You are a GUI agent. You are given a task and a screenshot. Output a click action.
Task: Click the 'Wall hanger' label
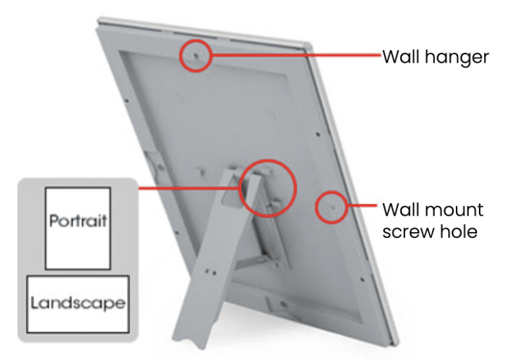click(436, 57)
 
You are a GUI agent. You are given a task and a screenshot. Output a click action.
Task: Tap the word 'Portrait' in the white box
click(78, 221)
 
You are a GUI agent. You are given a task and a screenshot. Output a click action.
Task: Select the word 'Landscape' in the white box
click(78, 303)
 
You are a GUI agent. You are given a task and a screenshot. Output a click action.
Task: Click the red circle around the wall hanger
click(180, 55)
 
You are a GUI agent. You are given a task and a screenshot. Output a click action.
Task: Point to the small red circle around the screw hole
click(316, 207)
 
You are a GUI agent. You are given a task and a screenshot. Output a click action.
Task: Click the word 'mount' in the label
click(451, 210)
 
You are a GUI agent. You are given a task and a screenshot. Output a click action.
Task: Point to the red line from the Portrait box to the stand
click(189, 188)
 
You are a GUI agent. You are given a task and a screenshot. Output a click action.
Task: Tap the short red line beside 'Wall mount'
click(362, 205)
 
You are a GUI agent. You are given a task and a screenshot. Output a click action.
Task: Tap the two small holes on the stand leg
click(211, 272)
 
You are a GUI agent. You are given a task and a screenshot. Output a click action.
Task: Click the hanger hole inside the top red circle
click(196, 55)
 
